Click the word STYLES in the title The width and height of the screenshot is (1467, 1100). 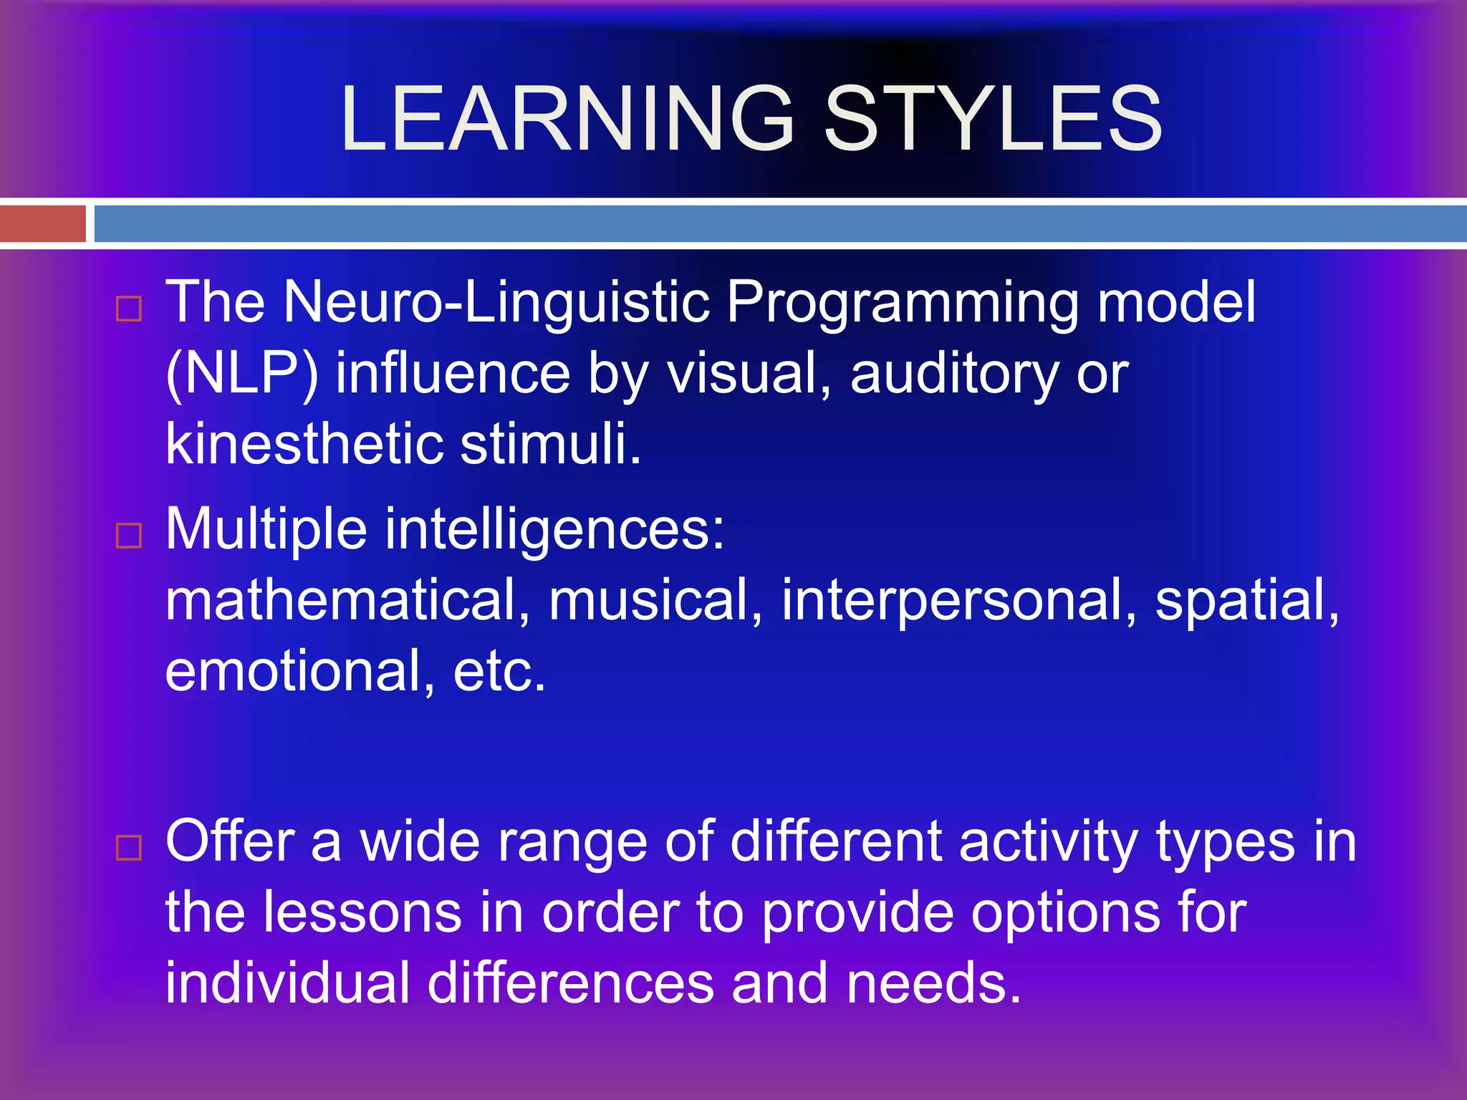click(994, 119)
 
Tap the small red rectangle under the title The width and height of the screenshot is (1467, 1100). click(42, 223)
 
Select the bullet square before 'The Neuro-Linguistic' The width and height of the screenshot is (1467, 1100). click(129, 309)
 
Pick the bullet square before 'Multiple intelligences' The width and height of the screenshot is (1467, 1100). click(129, 535)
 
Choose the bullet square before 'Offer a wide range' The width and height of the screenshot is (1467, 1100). click(129, 847)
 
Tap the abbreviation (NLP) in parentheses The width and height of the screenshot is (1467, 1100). click(242, 373)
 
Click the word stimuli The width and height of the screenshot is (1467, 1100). click(550, 443)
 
